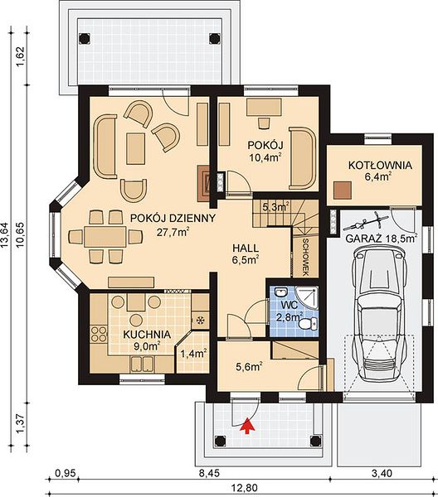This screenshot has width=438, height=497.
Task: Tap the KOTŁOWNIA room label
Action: (x=380, y=166)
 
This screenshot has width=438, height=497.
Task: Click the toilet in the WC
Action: (x=308, y=324)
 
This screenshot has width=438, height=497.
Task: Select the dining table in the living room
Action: (x=105, y=236)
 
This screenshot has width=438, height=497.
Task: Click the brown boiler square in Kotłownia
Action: (x=342, y=191)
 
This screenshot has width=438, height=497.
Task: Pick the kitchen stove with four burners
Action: (x=99, y=334)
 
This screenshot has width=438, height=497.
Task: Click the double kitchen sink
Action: (x=142, y=364)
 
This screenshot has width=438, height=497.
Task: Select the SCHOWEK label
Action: (x=305, y=258)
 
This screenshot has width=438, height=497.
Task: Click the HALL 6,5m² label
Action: (x=246, y=253)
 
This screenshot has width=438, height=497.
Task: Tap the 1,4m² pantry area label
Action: (x=193, y=353)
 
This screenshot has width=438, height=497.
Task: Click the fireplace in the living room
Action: (x=203, y=184)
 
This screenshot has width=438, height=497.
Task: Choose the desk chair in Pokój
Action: (x=264, y=123)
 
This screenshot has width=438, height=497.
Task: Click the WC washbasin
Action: (x=280, y=292)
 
